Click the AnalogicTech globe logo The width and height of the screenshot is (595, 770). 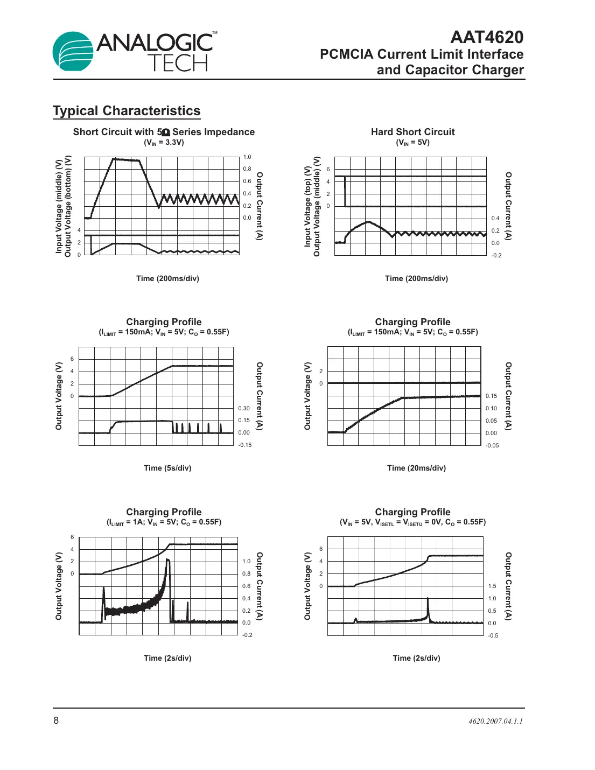point(74,51)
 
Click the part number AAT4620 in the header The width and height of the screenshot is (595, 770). point(486,37)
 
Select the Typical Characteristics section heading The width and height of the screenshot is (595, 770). point(127,111)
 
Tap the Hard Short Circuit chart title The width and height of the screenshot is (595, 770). point(412,132)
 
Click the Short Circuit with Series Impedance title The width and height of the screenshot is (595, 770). point(164,132)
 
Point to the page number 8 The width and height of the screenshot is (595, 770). point(56,720)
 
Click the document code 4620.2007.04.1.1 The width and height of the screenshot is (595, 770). point(495,721)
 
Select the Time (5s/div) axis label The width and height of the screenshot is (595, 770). point(167,468)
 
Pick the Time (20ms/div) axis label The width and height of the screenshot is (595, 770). point(416,468)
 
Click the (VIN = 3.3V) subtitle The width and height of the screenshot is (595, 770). point(164,143)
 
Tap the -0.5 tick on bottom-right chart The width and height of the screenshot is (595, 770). point(493,635)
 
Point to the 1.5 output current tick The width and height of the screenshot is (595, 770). point(492,586)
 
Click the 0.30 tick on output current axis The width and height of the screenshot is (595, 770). point(244,408)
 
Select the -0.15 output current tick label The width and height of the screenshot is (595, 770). point(245,445)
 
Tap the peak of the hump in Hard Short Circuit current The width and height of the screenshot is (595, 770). point(368,222)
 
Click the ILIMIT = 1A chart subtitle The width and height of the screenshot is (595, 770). point(164,522)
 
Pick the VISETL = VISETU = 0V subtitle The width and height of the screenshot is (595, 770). point(412,522)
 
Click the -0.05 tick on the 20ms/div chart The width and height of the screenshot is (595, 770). point(492,445)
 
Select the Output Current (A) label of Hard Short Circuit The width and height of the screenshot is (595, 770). point(508,206)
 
